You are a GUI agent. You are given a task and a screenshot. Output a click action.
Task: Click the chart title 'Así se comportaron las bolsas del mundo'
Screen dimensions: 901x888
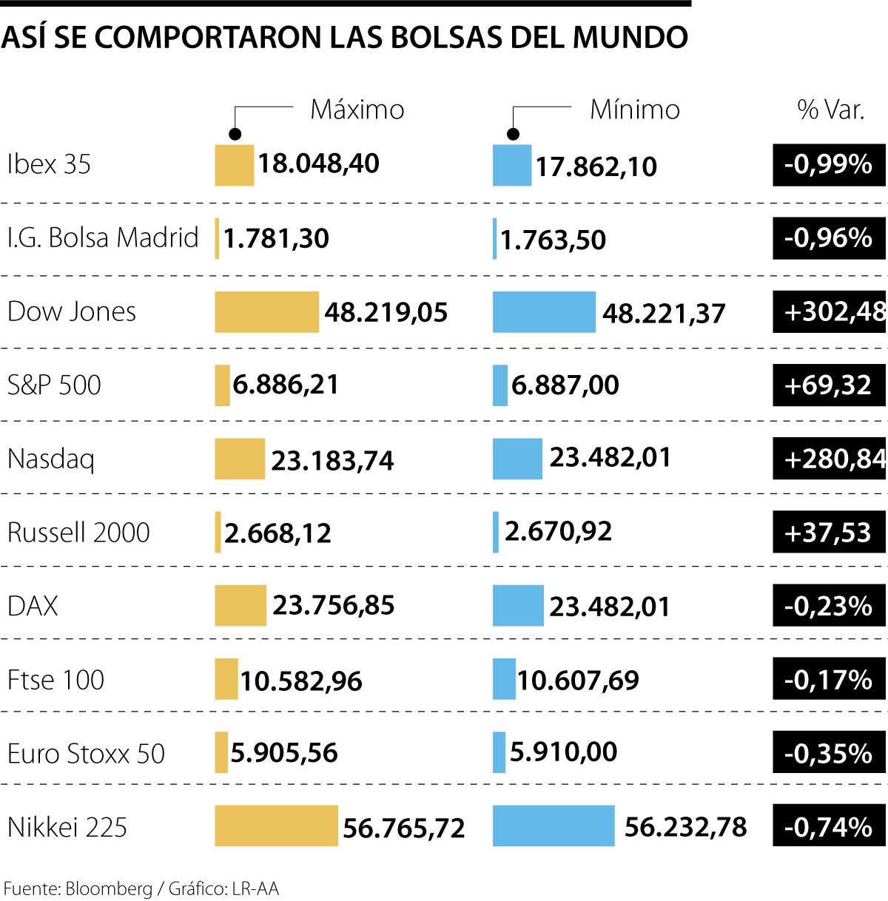pos(344,37)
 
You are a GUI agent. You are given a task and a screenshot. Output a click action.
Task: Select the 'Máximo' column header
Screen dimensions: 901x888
pos(357,109)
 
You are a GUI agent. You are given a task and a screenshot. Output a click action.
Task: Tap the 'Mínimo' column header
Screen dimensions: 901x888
pos(634,109)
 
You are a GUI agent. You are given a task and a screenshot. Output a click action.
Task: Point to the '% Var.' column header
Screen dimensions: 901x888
pos(830,109)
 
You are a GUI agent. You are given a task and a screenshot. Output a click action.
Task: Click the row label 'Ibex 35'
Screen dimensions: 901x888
pos(49,163)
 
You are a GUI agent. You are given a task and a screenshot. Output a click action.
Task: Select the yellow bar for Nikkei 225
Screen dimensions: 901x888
pos(276,826)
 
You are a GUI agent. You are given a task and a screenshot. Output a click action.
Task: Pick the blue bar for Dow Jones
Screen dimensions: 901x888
pos(544,312)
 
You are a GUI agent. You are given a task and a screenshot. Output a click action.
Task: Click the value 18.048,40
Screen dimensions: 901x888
pos(318,163)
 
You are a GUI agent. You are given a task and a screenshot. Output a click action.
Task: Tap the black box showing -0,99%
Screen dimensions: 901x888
pos(829,164)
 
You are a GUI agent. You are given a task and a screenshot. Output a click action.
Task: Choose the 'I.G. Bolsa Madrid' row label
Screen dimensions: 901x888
pos(103,237)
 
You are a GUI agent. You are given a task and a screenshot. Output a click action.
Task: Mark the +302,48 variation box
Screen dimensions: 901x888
pos(830,311)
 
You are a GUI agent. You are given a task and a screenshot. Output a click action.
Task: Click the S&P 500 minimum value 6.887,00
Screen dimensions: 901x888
pos(565,385)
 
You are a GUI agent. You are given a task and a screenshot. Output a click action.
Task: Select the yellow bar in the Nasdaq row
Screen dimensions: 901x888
pos(240,459)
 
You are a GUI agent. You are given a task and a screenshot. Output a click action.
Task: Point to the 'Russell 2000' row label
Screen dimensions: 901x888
pos(78,533)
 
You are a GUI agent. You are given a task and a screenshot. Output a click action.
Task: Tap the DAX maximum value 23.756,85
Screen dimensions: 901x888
pos(334,606)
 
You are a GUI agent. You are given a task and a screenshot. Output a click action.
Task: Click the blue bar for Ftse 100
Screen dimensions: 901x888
pos(504,679)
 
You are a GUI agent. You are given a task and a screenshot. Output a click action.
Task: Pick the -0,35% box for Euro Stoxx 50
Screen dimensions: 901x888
pos(829,753)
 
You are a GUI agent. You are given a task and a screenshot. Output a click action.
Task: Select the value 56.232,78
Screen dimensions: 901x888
pos(685,827)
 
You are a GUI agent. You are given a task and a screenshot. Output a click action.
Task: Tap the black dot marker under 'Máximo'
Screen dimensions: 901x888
pos(235,134)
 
